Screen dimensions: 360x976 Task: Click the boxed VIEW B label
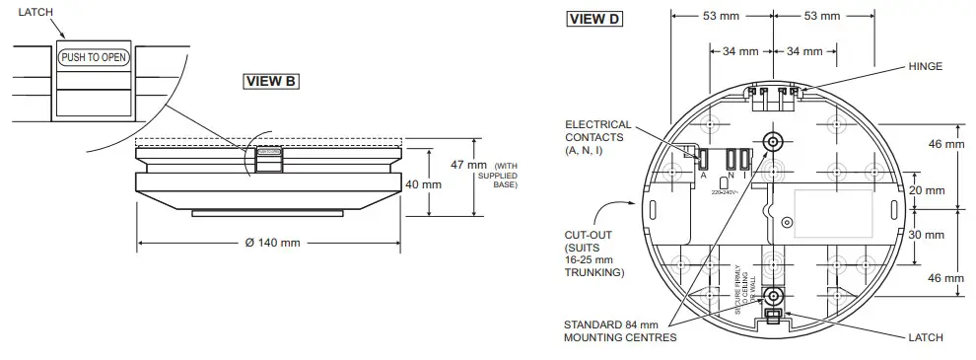pyautogui.click(x=271, y=81)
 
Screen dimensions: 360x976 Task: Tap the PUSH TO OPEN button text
pyautogui.click(x=95, y=57)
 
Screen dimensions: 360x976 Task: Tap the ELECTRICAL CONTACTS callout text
pyautogui.click(x=598, y=138)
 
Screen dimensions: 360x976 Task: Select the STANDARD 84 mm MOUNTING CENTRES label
pyautogui.click(x=620, y=330)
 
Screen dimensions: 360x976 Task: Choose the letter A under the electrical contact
pyautogui.click(x=704, y=175)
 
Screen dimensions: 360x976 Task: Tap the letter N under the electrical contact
pyautogui.click(x=731, y=175)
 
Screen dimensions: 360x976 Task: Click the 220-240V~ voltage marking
pyautogui.click(x=725, y=192)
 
